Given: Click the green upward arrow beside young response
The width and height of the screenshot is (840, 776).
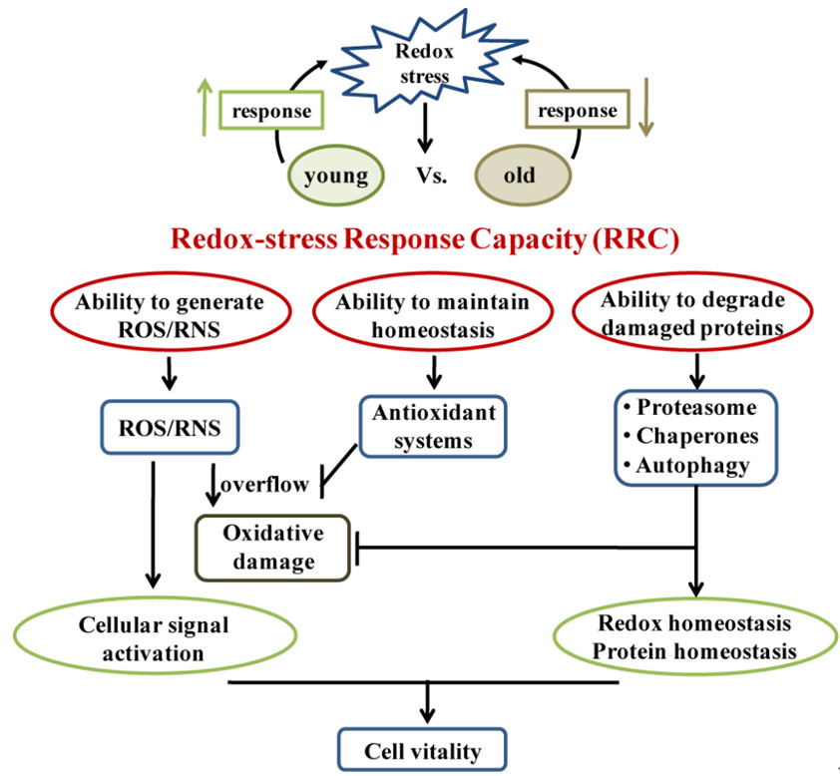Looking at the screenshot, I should tap(205, 109).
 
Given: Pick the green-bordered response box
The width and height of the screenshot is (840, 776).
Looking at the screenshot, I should tap(271, 111).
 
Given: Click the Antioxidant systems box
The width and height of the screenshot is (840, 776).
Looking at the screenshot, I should tap(433, 425).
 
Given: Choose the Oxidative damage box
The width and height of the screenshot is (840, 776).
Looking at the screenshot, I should tap(270, 546).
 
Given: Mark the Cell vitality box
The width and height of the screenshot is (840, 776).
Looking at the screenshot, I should tap(423, 750).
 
